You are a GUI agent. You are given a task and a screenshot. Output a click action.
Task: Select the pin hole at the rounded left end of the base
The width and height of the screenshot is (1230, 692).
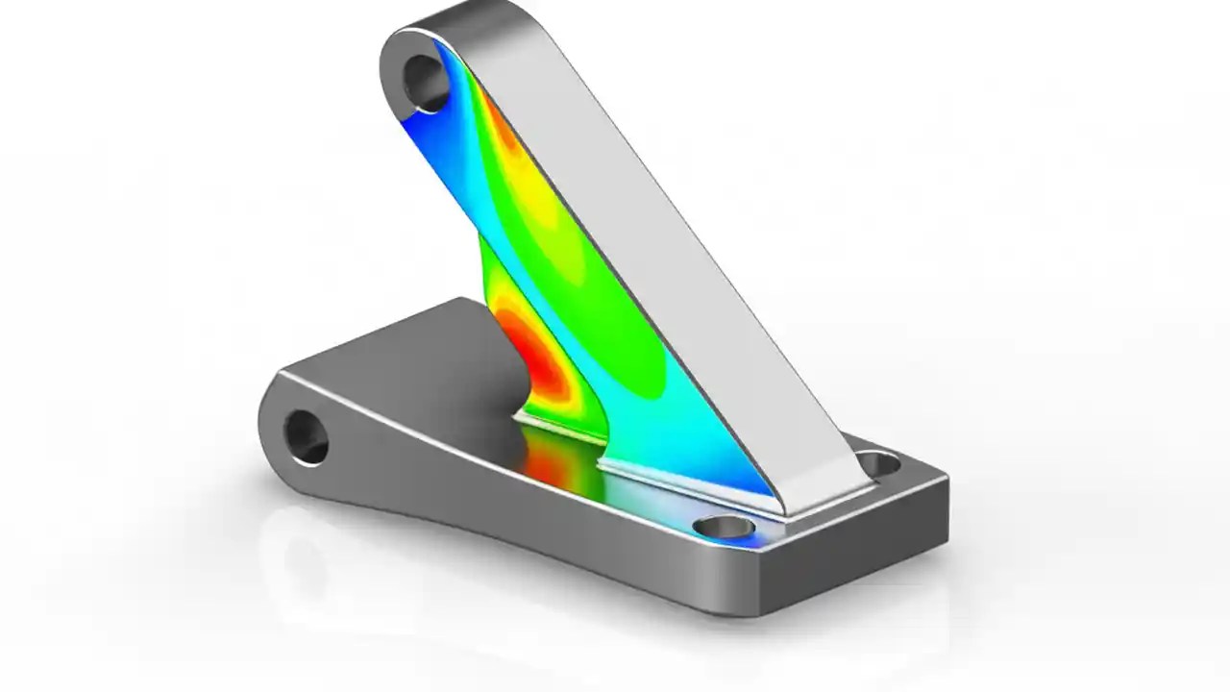point(307,436)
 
